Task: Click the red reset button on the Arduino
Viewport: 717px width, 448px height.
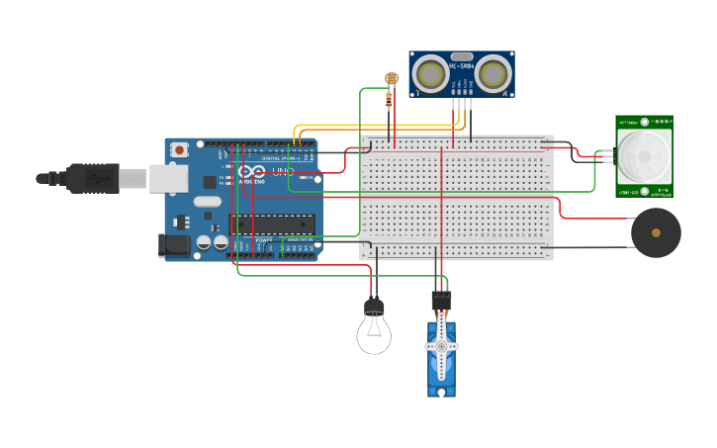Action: pyautogui.click(x=179, y=150)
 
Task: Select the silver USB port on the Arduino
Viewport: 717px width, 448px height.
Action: pyautogui.click(x=168, y=178)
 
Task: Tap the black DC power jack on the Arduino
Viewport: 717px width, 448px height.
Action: pyautogui.click(x=174, y=244)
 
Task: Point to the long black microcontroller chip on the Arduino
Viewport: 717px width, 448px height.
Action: pyautogui.click(x=273, y=224)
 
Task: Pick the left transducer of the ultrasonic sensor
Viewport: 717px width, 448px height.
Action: pyautogui.click(x=430, y=73)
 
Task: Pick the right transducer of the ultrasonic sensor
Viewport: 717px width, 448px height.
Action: pyautogui.click(x=493, y=73)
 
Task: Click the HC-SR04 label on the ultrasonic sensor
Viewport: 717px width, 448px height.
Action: pyautogui.click(x=461, y=65)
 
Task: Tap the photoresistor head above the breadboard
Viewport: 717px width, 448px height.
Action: pyautogui.click(x=392, y=78)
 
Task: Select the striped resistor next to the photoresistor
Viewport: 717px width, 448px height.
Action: pyautogui.click(x=387, y=98)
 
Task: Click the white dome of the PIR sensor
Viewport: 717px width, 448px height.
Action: pyautogui.click(x=644, y=155)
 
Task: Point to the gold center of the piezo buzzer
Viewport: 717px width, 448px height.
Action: pyautogui.click(x=656, y=233)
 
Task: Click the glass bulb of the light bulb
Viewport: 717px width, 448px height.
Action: pyautogui.click(x=374, y=334)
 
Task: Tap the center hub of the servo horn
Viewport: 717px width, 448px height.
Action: pyautogui.click(x=441, y=346)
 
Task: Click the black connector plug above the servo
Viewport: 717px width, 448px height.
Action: pyautogui.click(x=441, y=299)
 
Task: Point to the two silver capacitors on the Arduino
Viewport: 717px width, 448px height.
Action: pyautogui.click(x=212, y=242)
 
